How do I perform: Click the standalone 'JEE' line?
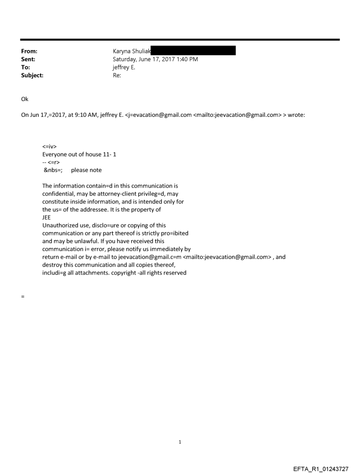point(47,217)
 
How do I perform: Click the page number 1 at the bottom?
point(180,442)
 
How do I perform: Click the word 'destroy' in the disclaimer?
point(52,264)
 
